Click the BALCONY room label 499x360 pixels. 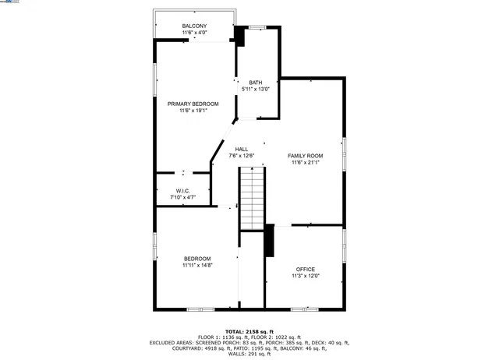(194, 26)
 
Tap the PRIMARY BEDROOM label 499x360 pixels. (193, 104)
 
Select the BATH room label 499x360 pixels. (255, 83)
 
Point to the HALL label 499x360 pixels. (242, 149)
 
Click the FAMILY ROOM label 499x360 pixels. (305, 156)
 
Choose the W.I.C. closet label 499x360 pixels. (182, 191)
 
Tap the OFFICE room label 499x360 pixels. (306, 269)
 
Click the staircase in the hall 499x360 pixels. (252, 200)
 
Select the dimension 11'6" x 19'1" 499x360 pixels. (193, 111)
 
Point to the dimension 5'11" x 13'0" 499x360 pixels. (256, 90)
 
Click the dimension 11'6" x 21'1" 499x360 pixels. (306, 163)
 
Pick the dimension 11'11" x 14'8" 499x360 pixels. (197, 265)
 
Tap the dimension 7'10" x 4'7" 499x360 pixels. (182, 197)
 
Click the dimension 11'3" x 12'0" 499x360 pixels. (306, 276)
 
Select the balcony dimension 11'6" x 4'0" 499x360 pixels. (194, 33)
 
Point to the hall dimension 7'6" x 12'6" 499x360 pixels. (242, 156)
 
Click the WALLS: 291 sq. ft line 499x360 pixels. (249, 354)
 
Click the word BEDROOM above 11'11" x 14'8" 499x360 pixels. (197, 259)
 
